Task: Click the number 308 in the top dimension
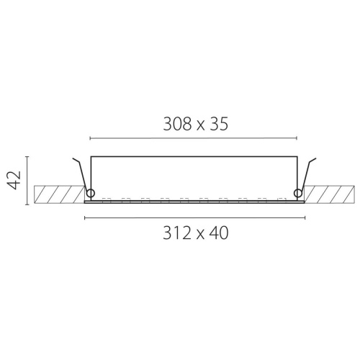pos(178,124)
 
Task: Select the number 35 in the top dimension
pos(219,124)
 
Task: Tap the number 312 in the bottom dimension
pos(177,233)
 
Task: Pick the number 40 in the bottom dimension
pos(219,233)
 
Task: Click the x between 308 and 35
pos(201,126)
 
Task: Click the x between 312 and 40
pos(200,235)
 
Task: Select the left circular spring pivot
pos(91,193)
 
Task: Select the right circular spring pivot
pos(298,193)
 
